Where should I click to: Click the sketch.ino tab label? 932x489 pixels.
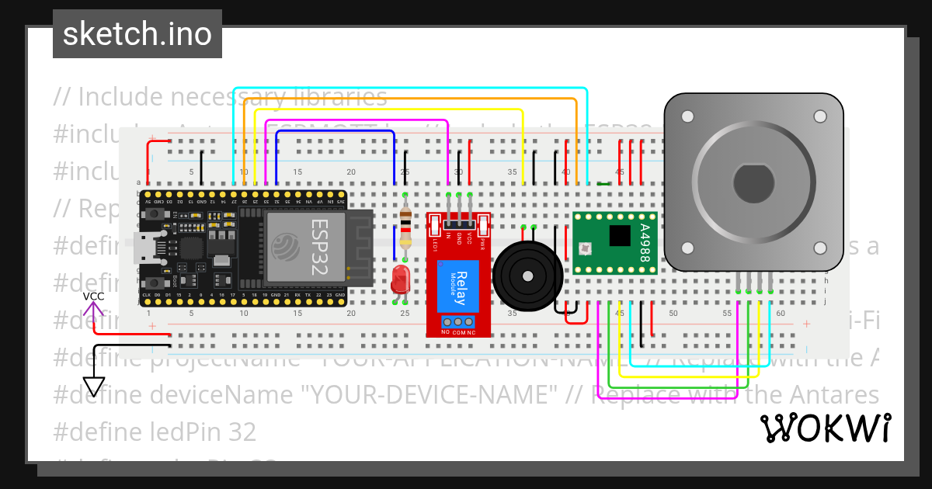[x=137, y=34]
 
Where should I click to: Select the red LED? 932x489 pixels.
[x=401, y=279]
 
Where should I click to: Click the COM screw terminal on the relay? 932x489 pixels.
[x=458, y=321]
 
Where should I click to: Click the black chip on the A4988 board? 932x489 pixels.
[x=620, y=235]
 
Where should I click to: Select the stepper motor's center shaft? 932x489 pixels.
[x=753, y=183]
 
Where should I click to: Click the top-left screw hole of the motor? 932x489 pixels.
[x=687, y=117]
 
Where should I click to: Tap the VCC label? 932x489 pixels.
[x=94, y=297]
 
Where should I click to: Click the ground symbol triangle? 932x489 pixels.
[x=94, y=386]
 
